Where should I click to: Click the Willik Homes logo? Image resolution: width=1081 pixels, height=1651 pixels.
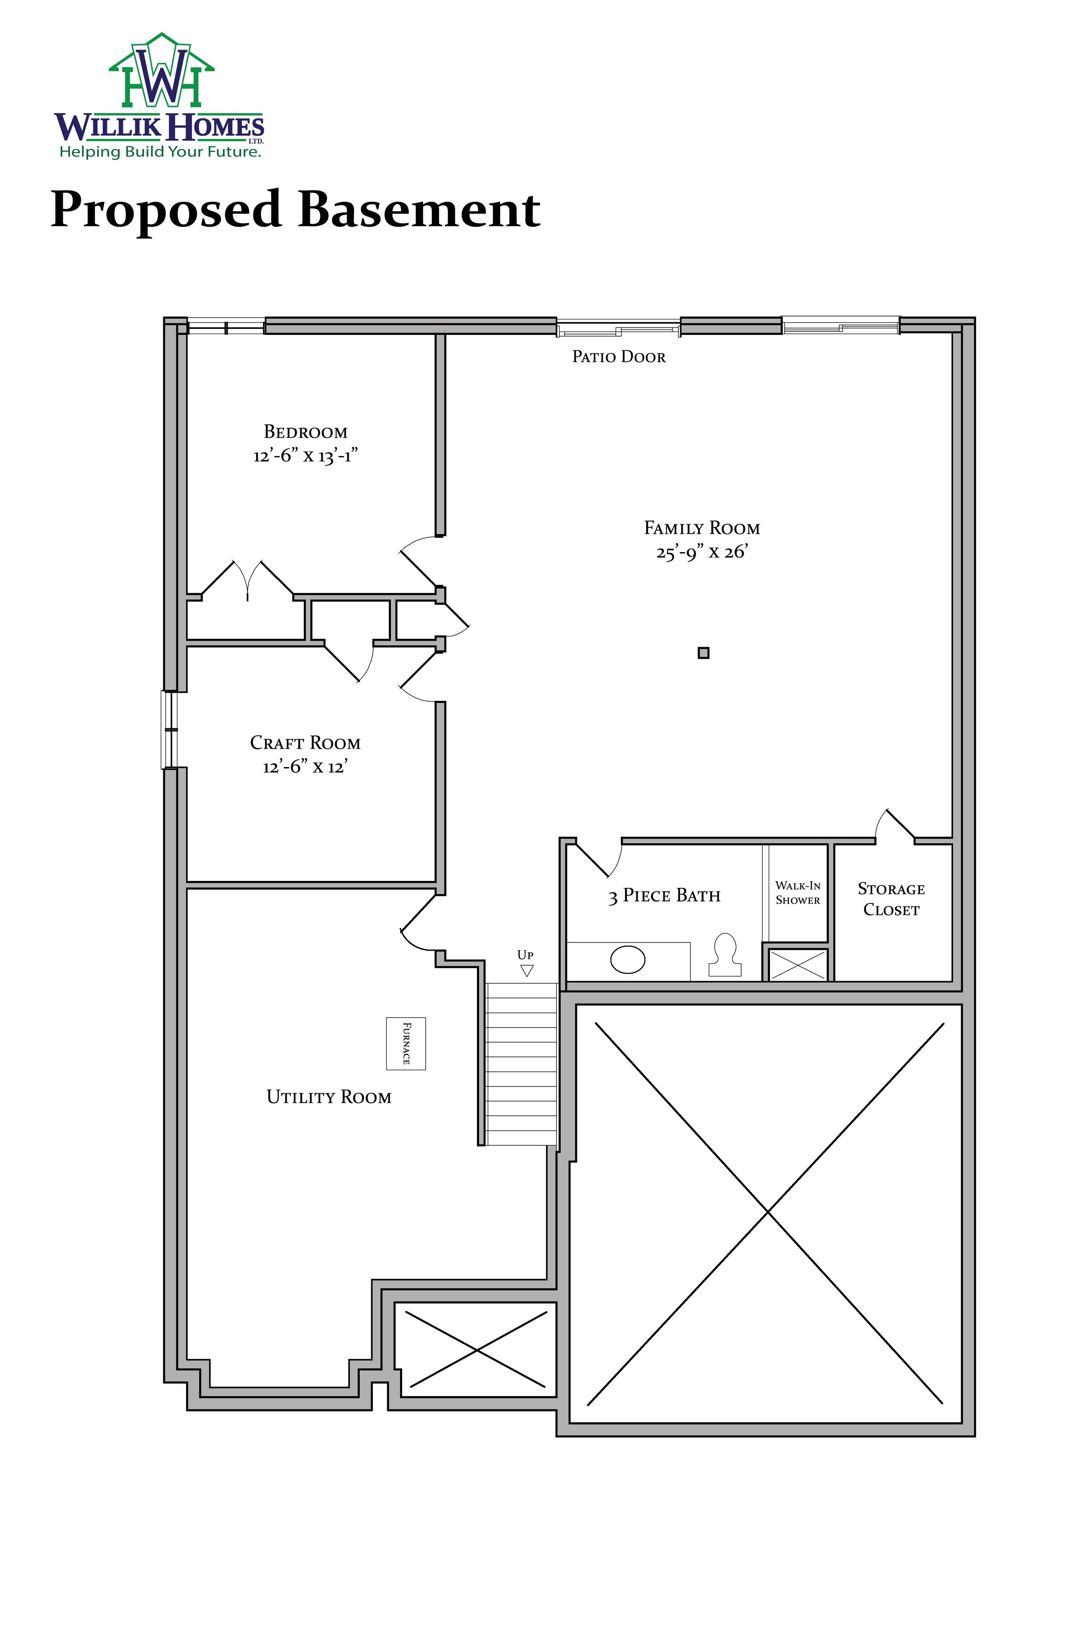[x=159, y=96]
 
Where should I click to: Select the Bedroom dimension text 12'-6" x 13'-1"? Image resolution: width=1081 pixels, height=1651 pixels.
[x=305, y=456]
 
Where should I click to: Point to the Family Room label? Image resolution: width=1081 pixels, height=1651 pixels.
[x=702, y=528]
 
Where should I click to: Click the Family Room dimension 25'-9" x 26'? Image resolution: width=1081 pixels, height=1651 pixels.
[x=702, y=552]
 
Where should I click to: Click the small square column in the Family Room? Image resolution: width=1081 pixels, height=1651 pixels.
[x=703, y=653]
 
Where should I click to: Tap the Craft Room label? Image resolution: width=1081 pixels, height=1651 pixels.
[x=305, y=743]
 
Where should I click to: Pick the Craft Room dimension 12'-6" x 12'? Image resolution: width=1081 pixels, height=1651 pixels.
[x=305, y=767]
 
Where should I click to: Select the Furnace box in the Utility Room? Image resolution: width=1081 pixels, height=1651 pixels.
[x=406, y=1043]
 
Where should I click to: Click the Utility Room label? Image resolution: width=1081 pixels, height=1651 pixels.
[x=329, y=1097]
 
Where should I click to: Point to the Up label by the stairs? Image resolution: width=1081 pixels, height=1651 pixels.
[x=525, y=955]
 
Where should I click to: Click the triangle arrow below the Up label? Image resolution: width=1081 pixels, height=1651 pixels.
[x=526, y=970]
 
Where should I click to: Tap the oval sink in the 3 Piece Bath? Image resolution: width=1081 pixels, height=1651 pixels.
[x=628, y=960]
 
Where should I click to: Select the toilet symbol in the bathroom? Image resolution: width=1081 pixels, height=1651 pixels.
[x=724, y=955]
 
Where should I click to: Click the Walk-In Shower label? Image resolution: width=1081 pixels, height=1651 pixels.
[x=797, y=893]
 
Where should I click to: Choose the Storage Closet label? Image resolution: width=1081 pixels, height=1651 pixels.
[x=891, y=899]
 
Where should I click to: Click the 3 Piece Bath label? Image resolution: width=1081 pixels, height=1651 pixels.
[x=664, y=896]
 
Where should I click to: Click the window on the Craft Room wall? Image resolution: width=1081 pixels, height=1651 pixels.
[x=169, y=729]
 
